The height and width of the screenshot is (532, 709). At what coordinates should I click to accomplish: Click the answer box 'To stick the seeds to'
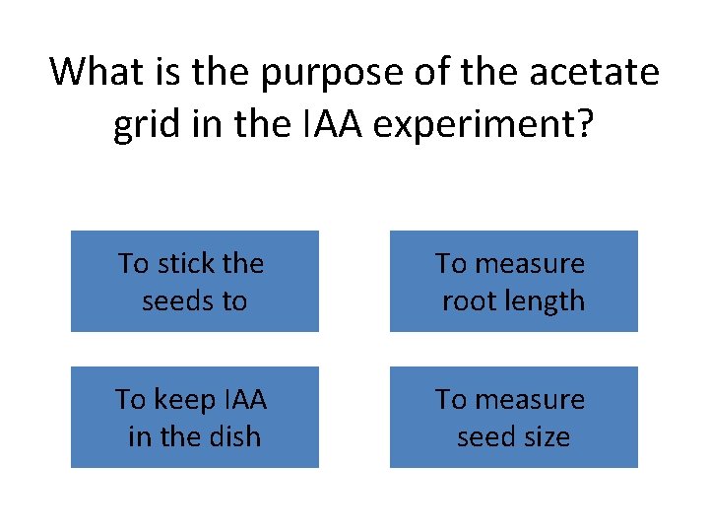pos(194,282)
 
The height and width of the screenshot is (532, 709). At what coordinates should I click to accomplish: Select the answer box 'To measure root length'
pos(513,282)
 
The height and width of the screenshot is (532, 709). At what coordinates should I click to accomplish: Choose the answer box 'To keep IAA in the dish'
pos(194,417)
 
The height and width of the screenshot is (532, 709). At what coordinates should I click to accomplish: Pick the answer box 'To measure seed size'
pos(513,417)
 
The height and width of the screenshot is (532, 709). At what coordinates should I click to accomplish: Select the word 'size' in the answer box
pos(547,435)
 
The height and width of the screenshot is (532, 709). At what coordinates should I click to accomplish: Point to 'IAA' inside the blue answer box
pos(246,399)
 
